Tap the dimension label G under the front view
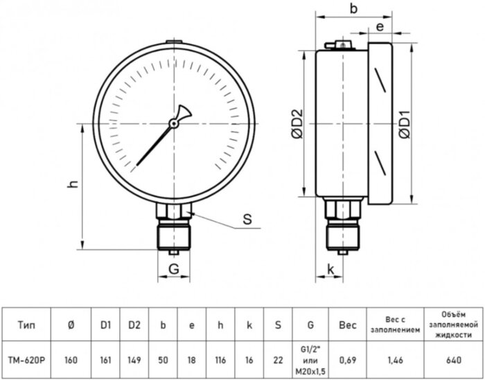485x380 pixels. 175,269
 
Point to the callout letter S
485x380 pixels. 246,221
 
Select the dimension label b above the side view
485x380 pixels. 353,9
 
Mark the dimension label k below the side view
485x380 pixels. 331,269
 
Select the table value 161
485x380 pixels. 105,360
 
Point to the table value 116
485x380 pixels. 220,360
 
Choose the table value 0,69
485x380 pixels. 347,360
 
